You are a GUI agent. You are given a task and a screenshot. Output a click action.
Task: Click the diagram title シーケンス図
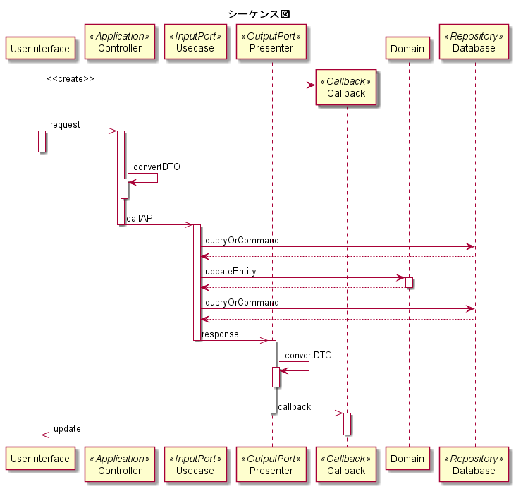click(259, 14)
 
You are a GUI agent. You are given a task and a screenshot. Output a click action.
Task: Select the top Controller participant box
click(119, 42)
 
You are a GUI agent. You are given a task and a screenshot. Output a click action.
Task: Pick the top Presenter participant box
click(271, 42)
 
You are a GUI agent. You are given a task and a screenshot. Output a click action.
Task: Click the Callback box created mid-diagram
click(346, 87)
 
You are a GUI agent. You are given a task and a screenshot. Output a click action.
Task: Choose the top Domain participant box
click(407, 49)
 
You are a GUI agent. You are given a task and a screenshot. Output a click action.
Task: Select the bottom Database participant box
click(474, 464)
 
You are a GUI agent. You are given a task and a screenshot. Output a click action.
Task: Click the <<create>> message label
click(70, 78)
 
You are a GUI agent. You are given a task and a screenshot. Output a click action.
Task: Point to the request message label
click(65, 125)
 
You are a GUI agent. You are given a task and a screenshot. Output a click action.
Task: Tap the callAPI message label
click(141, 219)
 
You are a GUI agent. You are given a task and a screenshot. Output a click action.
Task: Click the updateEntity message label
click(231, 271)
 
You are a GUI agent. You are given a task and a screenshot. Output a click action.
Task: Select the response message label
click(220, 334)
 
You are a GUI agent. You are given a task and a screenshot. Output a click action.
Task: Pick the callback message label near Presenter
click(295, 407)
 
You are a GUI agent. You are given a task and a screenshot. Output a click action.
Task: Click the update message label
click(67, 429)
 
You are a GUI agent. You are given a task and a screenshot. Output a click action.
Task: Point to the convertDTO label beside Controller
click(156, 167)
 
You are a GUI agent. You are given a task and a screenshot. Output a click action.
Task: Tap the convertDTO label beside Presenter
click(308, 355)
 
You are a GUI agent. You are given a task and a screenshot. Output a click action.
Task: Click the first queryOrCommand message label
click(242, 240)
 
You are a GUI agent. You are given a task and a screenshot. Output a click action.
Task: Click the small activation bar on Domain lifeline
click(409, 282)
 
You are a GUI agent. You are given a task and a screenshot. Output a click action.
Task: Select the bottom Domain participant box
click(407, 459)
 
